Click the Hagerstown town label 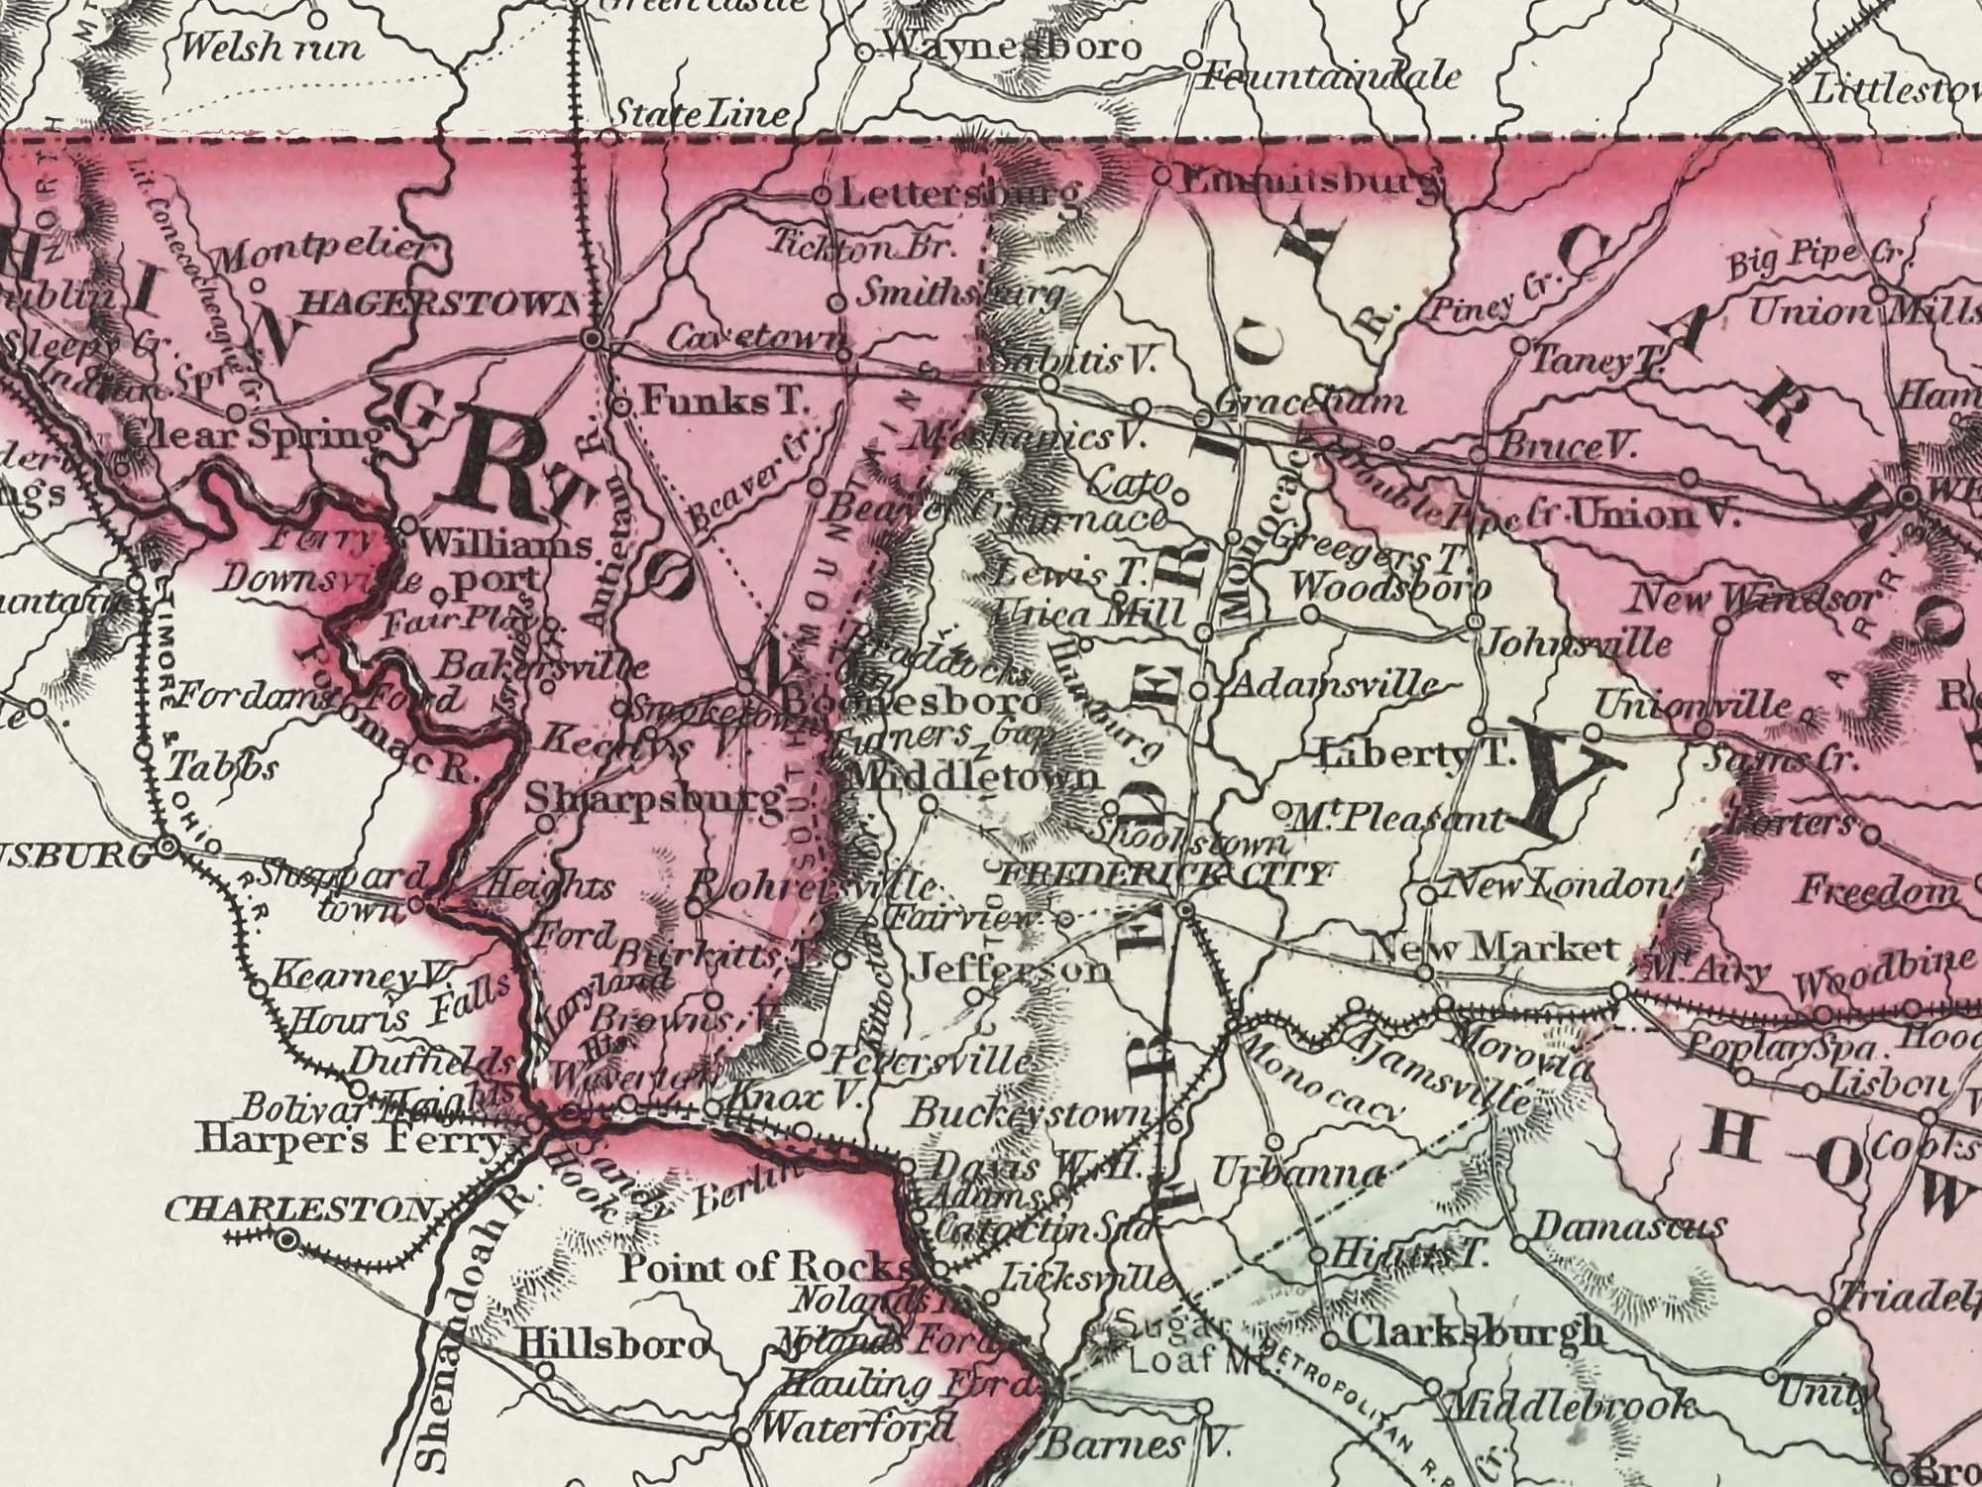[x=437, y=304]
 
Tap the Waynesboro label [x=1011, y=47]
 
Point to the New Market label [x=1492, y=949]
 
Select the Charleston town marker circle [x=287, y=1239]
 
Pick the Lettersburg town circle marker [x=822, y=196]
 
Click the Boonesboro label [x=912, y=702]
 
